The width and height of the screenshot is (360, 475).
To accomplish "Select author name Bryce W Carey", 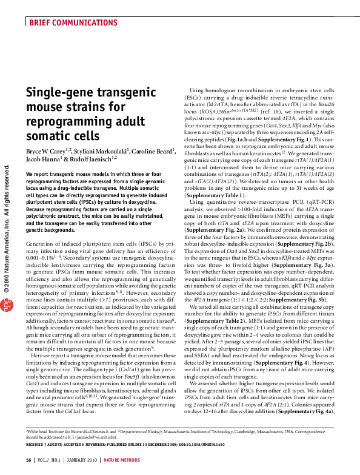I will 47,150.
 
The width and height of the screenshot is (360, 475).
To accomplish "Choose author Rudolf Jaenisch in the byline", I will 91,158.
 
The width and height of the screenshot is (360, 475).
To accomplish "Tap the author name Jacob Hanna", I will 42,158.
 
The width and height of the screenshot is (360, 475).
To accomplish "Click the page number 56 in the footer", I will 28,460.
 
